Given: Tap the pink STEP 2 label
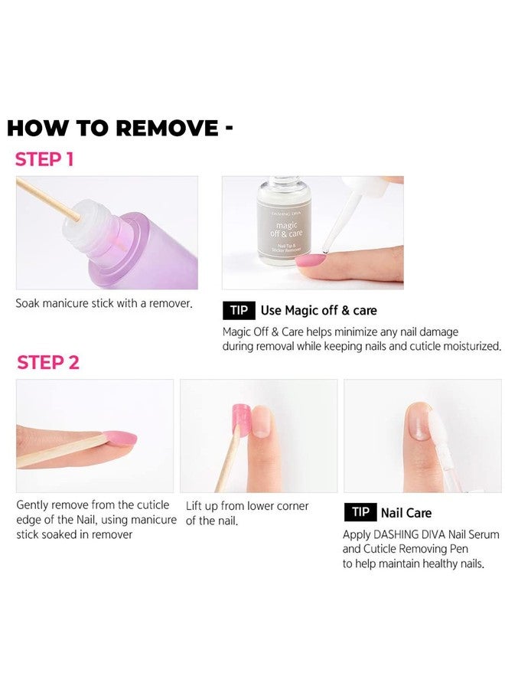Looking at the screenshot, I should [48, 362].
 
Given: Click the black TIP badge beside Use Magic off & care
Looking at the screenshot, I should [238, 310].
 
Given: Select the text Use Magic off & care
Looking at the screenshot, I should [318, 310].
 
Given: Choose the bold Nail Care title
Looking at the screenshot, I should [406, 513].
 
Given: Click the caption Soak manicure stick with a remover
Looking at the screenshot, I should [104, 303].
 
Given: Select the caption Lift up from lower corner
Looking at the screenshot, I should [247, 506].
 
